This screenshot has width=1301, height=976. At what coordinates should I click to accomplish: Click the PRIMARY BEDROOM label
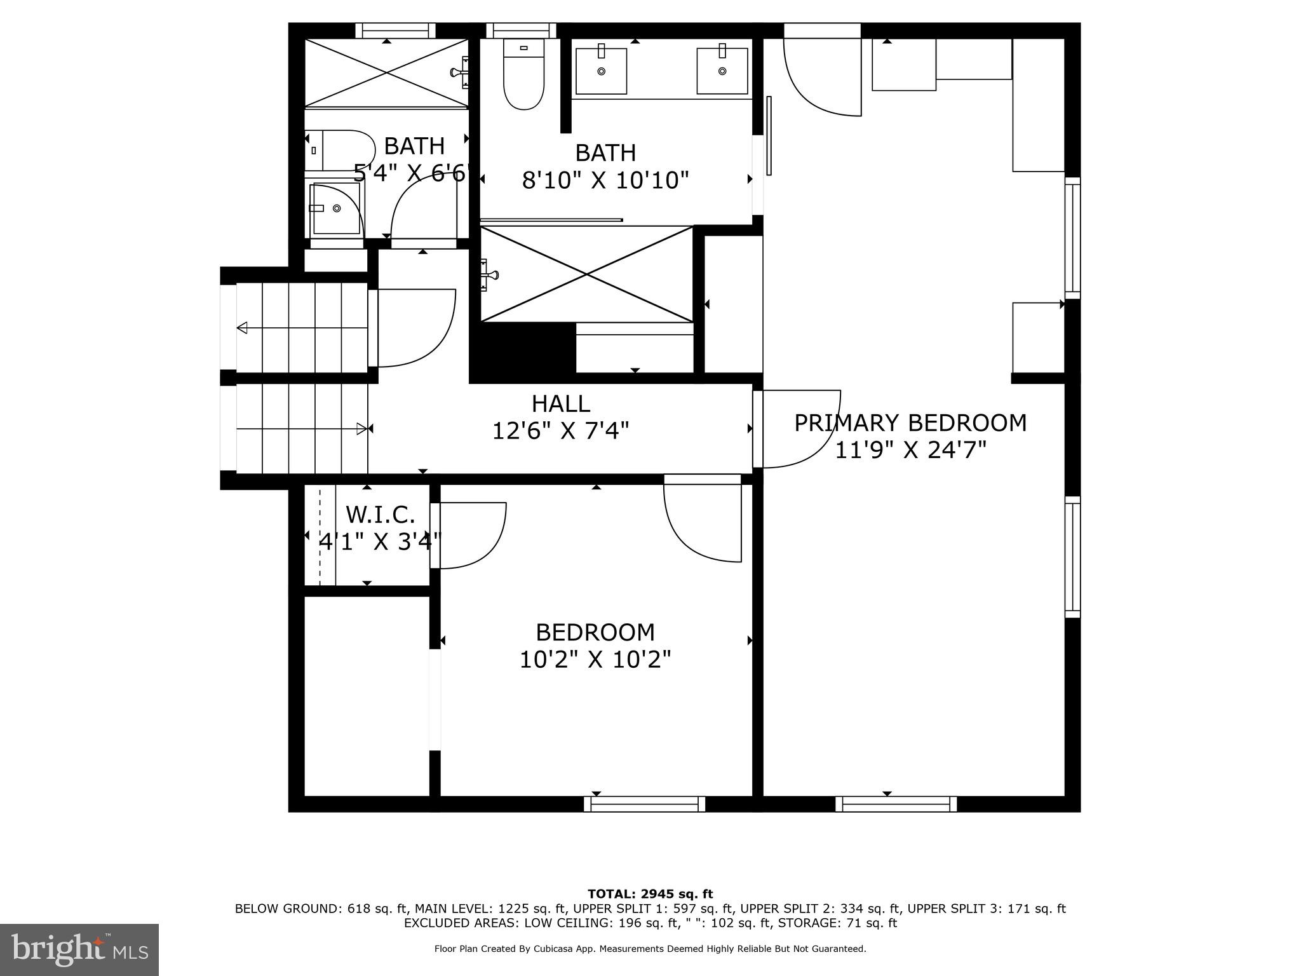tap(910, 423)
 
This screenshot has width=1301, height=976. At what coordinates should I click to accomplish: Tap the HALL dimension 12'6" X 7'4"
tap(560, 431)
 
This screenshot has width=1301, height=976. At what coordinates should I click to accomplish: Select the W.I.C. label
tap(380, 514)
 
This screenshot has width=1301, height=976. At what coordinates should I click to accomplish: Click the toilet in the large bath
tap(523, 75)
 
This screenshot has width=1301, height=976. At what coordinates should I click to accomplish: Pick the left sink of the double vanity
tap(601, 71)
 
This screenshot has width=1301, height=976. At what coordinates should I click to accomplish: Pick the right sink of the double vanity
tap(722, 71)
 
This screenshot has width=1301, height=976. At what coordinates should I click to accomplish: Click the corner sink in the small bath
tap(335, 208)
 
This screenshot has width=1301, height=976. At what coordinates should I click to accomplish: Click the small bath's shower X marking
tap(386, 72)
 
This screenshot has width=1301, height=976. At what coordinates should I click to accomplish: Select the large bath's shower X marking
tap(586, 274)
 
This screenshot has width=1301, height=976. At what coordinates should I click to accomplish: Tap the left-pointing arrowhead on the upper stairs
tap(242, 328)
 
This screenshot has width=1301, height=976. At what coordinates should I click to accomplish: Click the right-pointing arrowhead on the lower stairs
tap(361, 429)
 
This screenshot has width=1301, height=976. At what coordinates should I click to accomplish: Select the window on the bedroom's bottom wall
tap(644, 804)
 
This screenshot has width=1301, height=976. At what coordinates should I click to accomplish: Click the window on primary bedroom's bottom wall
tap(896, 804)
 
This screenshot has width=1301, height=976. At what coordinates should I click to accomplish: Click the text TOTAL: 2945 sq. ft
tap(650, 894)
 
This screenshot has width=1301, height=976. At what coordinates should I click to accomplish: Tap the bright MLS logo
tap(79, 949)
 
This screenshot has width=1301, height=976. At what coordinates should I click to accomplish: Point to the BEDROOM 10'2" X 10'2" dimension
tap(595, 660)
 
